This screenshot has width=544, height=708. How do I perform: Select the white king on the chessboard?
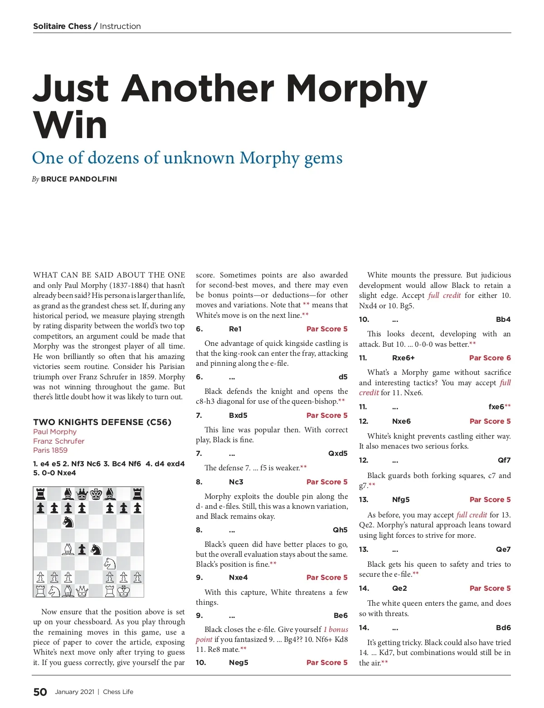coord(123,590)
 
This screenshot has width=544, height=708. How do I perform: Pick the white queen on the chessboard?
coord(82,590)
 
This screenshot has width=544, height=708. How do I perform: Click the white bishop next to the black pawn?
coord(68,549)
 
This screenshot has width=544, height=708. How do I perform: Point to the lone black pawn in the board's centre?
coord(82,549)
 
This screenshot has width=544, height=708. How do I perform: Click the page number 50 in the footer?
coord(40,692)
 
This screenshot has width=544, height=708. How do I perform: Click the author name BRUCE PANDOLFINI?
coord(79,179)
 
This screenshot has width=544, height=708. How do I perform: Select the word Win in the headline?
coord(70,125)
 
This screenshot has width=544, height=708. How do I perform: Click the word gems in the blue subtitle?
coord(323,158)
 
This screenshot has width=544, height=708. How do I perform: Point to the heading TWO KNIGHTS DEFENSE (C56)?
coord(102,422)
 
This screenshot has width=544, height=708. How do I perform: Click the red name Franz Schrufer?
coord(58,441)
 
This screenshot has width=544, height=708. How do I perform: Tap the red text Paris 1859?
coord(50,450)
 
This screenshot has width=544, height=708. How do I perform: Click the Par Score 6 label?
coord(490,358)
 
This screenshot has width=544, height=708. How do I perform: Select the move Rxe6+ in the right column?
coord(403,358)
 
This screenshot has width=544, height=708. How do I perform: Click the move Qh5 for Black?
coord(340,530)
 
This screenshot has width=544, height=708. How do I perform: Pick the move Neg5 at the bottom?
coord(238,662)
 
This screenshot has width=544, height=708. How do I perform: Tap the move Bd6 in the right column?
coord(503,627)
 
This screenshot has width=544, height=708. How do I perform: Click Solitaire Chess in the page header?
coord(62,26)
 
